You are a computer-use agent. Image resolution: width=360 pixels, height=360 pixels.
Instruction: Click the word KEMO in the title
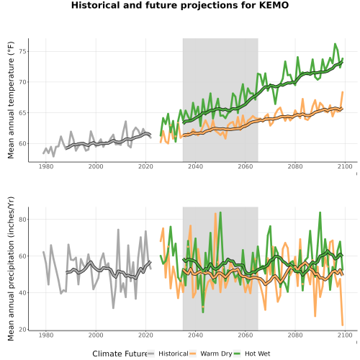[x=274, y=5]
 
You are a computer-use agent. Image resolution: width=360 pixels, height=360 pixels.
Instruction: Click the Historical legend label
[x=174, y=354]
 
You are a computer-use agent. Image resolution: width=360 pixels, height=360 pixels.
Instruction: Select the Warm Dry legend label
[x=216, y=354]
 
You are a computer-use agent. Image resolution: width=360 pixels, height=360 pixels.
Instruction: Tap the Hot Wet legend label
[x=257, y=354]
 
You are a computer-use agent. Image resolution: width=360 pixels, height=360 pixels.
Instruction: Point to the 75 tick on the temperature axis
[x=24, y=52]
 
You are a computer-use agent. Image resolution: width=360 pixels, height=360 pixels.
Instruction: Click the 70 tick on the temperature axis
[x=24, y=82]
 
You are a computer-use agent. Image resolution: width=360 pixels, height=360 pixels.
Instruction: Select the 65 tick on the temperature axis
[x=24, y=113]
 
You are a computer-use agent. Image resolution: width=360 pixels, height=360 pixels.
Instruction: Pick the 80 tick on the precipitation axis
[x=24, y=220]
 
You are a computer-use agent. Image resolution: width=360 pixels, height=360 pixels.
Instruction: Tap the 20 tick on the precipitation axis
[x=24, y=330]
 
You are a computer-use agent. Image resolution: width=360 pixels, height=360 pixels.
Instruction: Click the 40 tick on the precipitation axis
[x=24, y=293]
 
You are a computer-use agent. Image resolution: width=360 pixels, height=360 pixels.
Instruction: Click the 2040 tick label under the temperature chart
[x=195, y=166]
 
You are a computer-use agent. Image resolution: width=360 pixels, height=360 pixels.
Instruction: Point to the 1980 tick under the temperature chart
[x=46, y=166]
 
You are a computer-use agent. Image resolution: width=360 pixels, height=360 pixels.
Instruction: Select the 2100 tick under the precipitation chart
[x=345, y=335]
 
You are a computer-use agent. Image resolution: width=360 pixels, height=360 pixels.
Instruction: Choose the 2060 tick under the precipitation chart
[x=246, y=335]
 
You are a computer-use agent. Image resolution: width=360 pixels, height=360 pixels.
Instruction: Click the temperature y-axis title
[x=11, y=100]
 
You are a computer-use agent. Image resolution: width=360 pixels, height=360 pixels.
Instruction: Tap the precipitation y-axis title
[x=11, y=269]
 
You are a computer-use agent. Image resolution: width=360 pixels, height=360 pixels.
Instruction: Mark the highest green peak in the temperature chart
[x=335, y=44]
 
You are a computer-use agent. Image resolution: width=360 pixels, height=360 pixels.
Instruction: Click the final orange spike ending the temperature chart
[x=343, y=92]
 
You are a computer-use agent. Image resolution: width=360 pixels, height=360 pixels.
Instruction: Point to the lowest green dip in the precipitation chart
[x=203, y=312]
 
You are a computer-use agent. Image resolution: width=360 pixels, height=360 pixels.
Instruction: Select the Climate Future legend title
[x=120, y=354]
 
